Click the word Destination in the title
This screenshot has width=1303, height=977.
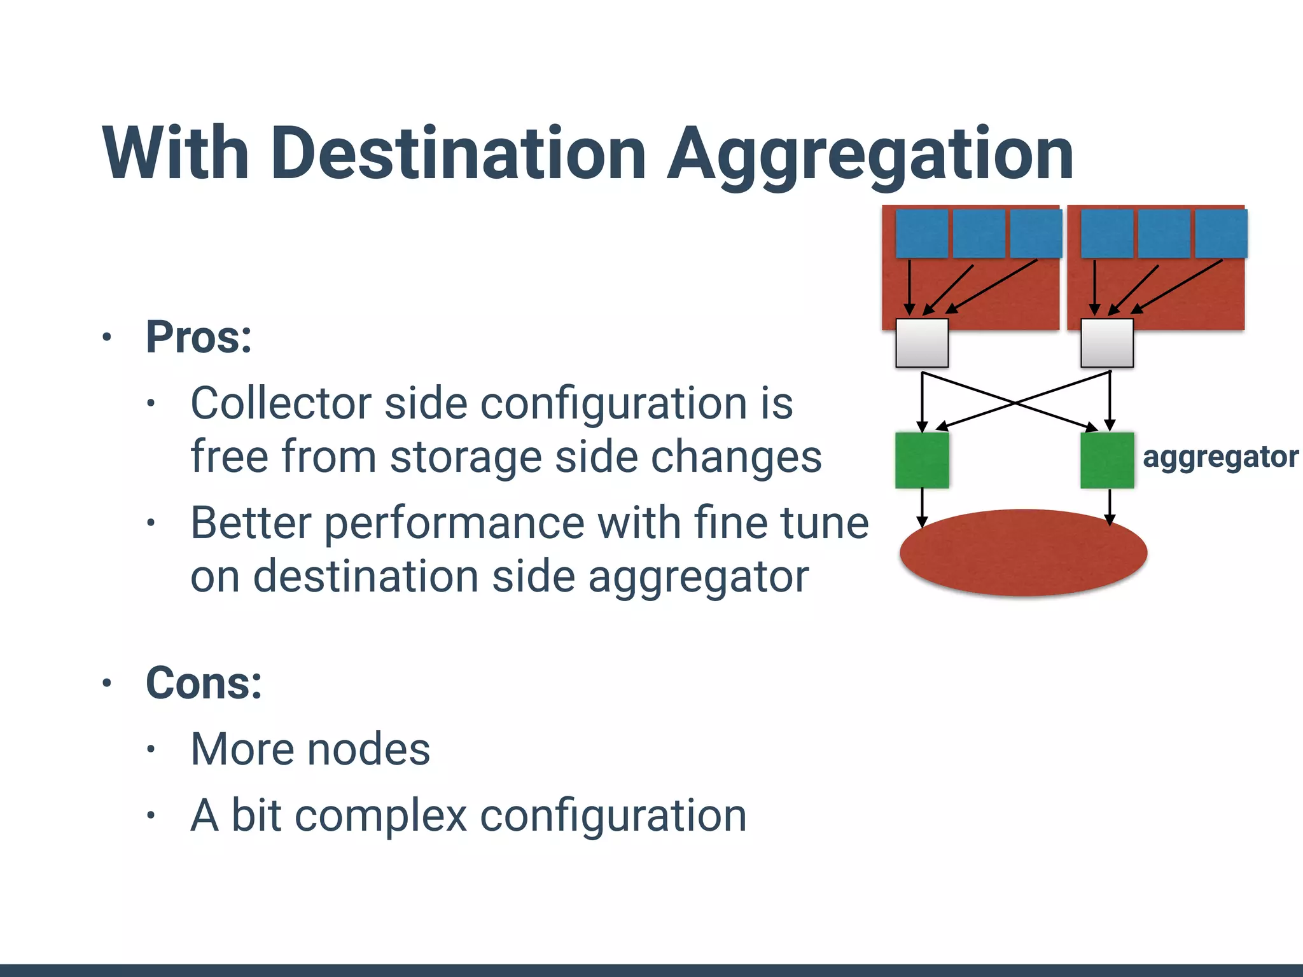point(458,154)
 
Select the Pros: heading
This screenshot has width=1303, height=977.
point(199,337)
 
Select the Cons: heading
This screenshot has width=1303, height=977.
point(204,683)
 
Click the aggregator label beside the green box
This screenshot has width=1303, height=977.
point(1220,457)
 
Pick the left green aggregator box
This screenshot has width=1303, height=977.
point(922,461)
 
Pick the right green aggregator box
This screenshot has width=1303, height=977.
point(1107,461)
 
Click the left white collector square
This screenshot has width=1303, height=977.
point(922,343)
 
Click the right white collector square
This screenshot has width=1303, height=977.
point(1107,343)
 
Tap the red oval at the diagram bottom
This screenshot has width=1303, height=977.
point(1023,552)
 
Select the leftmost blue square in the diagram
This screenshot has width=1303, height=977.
point(922,233)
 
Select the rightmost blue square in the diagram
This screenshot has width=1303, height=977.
point(1221,233)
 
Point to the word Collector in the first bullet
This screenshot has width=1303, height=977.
point(281,403)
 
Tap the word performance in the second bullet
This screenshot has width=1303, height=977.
point(454,524)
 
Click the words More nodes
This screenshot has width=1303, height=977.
point(310,749)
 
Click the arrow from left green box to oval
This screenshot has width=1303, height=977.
point(922,506)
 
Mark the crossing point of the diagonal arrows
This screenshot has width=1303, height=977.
point(1015,403)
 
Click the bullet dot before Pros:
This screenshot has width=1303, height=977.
point(107,337)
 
